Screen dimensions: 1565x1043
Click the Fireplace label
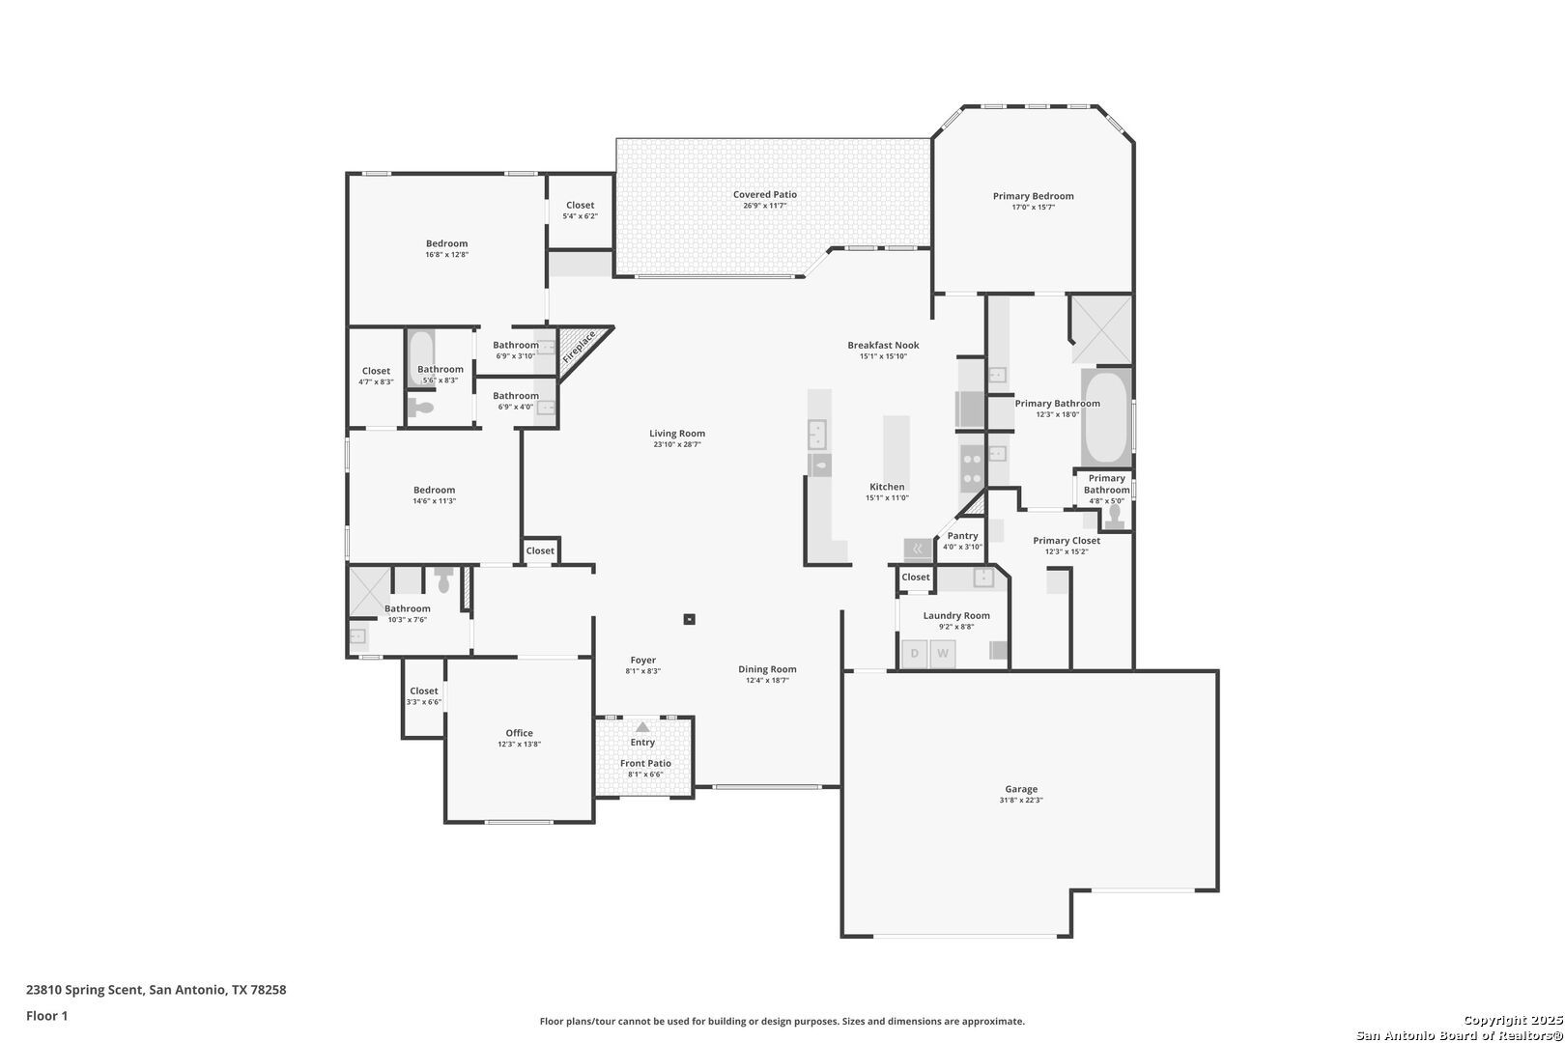(x=580, y=347)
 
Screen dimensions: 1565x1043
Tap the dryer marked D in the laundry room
(x=915, y=654)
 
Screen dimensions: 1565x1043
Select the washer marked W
(x=943, y=654)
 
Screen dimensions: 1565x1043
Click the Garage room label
(x=1021, y=789)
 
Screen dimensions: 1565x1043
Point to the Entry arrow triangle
(x=642, y=727)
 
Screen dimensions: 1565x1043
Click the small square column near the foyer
(x=690, y=619)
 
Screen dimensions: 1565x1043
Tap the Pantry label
(x=963, y=536)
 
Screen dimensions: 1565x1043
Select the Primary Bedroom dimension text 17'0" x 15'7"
(x=1034, y=208)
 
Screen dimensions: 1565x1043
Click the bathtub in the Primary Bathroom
(x=1106, y=417)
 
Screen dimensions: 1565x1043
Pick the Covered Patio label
(x=765, y=195)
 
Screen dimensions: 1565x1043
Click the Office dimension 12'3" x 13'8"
(x=519, y=744)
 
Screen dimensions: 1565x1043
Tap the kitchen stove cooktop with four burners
(x=972, y=468)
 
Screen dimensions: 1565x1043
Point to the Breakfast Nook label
(x=883, y=345)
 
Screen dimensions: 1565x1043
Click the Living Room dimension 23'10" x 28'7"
(x=677, y=444)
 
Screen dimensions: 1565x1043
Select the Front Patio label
(x=645, y=764)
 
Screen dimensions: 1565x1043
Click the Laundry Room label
(x=956, y=615)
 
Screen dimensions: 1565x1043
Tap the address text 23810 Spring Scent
(x=85, y=990)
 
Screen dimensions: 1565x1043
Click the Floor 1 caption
(x=46, y=1016)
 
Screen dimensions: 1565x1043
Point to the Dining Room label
(x=767, y=669)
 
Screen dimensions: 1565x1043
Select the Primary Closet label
(x=1067, y=541)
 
